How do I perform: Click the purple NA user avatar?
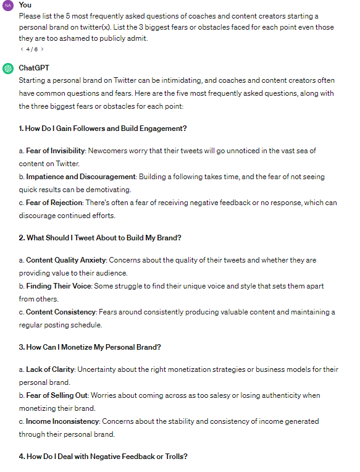click(x=8, y=6)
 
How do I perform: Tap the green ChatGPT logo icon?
click(x=8, y=69)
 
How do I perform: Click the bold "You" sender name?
click(x=25, y=5)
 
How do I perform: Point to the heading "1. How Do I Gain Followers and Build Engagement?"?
click(x=103, y=129)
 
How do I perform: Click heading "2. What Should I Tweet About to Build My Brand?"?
click(x=100, y=238)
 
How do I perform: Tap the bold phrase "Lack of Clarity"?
click(x=50, y=369)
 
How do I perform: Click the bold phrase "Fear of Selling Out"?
click(x=57, y=395)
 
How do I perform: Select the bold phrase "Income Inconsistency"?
click(x=62, y=421)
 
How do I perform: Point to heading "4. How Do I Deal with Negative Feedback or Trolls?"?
click(x=103, y=457)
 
